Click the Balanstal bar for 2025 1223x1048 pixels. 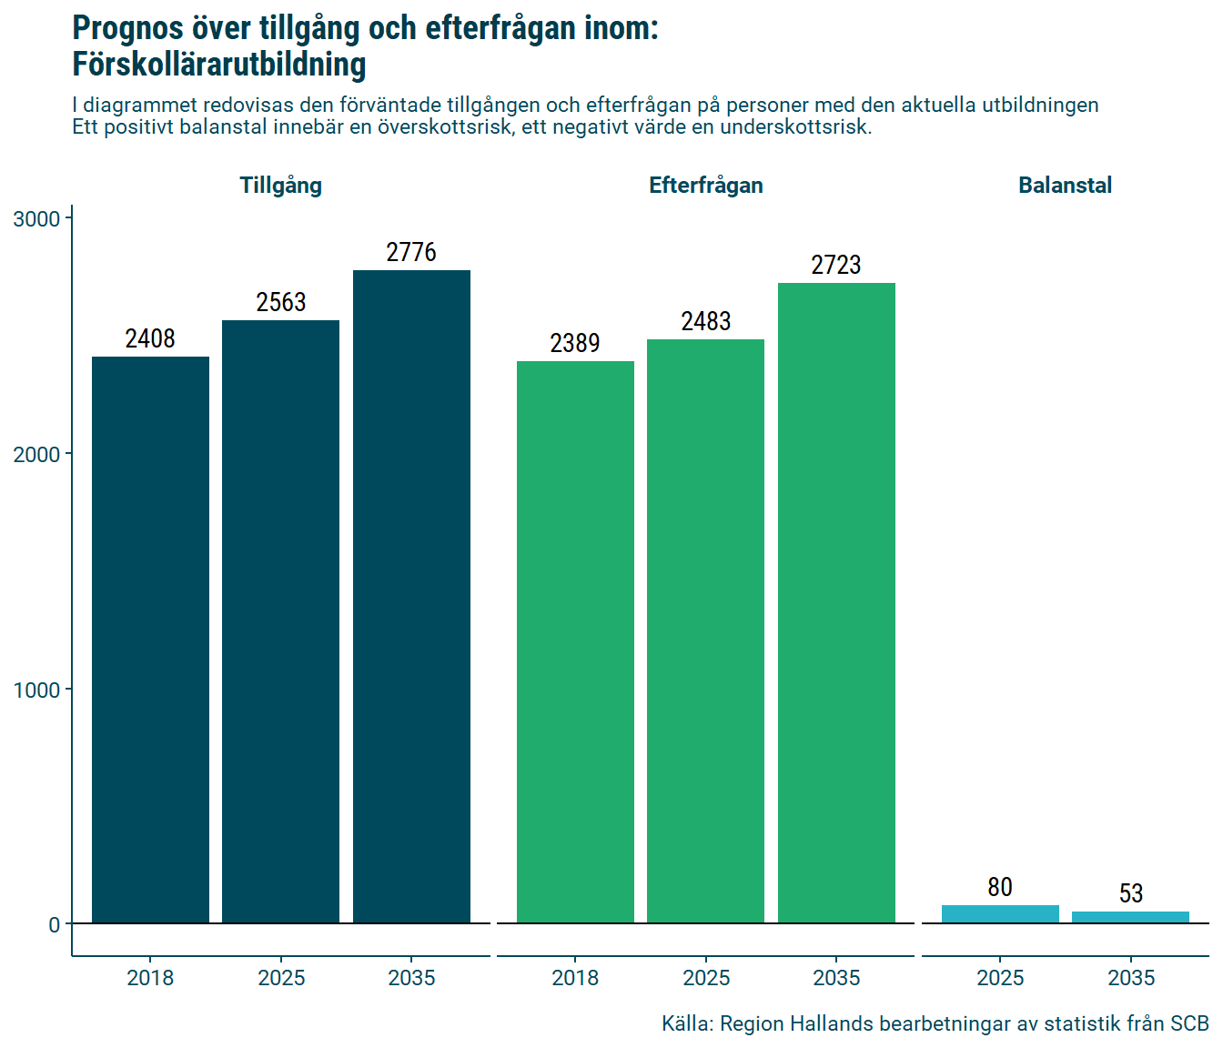point(1000,914)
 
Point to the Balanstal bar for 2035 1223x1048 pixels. point(1130,917)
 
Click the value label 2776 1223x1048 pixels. point(411,252)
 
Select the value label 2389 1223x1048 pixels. point(575,343)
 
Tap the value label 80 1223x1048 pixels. point(1000,887)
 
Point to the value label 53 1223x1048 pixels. point(1131,893)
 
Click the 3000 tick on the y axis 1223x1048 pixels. point(36,219)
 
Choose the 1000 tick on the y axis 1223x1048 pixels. point(36,690)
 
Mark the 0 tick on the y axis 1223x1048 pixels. point(55,925)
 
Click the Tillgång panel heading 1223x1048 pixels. point(280,186)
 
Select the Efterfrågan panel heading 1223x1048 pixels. point(705,186)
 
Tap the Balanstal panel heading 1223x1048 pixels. point(1065,186)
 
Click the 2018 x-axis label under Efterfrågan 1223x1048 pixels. point(575,978)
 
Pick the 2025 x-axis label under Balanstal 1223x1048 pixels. point(1000,978)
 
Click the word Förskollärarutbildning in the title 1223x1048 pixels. point(219,65)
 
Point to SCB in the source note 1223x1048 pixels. point(1189,1023)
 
